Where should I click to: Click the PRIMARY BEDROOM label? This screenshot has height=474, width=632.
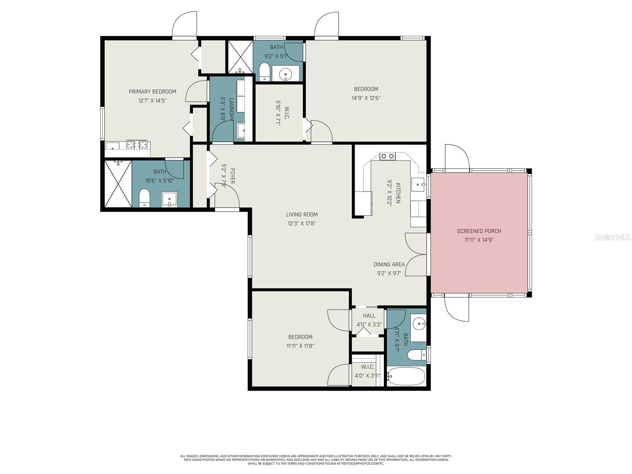click(x=152, y=92)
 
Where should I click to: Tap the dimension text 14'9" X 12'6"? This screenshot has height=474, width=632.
click(x=366, y=98)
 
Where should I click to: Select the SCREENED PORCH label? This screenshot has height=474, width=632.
click(x=479, y=231)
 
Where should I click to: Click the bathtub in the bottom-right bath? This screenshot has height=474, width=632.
click(x=406, y=376)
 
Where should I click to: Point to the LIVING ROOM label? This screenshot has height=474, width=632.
click(x=302, y=214)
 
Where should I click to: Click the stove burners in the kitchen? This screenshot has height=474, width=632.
click(x=387, y=156)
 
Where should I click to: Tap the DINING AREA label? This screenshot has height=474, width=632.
click(x=389, y=264)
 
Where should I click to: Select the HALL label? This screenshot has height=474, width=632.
click(x=369, y=316)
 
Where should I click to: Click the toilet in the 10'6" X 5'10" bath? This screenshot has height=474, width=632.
click(x=145, y=197)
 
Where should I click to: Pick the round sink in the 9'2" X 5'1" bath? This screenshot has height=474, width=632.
click(x=285, y=74)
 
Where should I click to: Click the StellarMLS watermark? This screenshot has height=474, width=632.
click(x=612, y=237)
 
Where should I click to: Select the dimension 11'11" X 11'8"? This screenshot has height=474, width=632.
click(x=300, y=346)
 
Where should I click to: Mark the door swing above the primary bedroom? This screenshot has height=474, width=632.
click(x=184, y=24)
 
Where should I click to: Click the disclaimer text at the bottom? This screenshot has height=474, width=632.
click(x=316, y=460)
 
